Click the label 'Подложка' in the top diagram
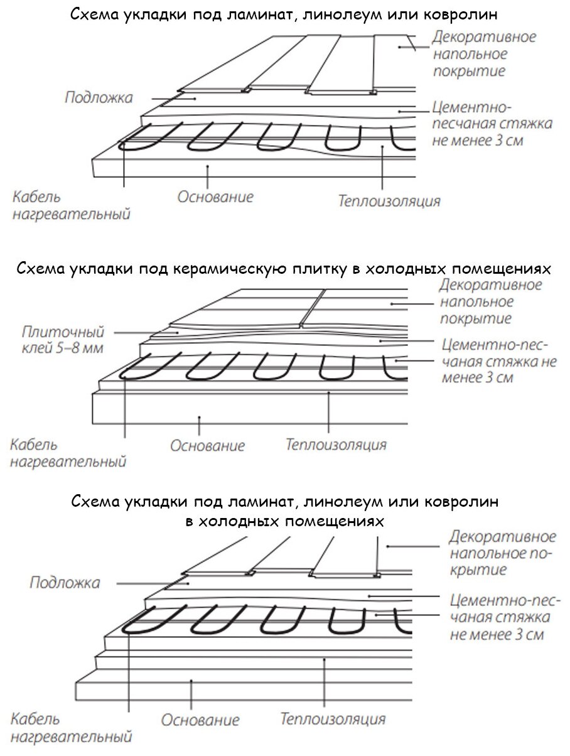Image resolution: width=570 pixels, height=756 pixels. (99, 98)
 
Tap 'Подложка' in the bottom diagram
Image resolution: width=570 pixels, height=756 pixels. (65, 583)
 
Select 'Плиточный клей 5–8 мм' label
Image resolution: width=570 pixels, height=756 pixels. (63, 340)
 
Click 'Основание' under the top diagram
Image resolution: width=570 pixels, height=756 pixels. (215, 197)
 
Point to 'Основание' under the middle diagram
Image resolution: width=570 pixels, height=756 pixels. (207, 446)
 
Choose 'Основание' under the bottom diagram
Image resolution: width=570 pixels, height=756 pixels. (200, 720)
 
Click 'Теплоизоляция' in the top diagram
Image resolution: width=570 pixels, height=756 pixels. (389, 202)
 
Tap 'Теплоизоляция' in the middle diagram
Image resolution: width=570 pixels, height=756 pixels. (336, 445)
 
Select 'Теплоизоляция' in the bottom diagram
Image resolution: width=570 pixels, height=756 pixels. (333, 718)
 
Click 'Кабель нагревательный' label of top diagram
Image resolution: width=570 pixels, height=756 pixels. (70, 205)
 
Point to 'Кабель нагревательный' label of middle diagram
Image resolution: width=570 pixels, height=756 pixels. (67, 454)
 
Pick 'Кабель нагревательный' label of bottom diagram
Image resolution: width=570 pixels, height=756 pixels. (71, 727)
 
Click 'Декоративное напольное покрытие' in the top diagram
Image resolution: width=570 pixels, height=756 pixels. (484, 53)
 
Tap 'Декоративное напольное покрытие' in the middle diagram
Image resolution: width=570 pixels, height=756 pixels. (490, 301)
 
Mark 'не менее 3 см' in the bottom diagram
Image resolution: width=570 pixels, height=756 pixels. (497, 634)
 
